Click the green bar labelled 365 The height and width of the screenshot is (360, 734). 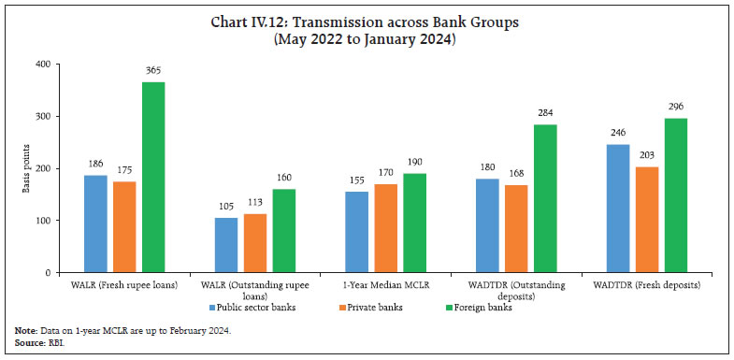pyautogui.click(x=153, y=178)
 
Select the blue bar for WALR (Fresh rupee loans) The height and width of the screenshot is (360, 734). pyautogui.click(x=95, y=224)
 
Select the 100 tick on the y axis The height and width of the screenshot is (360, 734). pyautogui.click(x=44, y=221)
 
